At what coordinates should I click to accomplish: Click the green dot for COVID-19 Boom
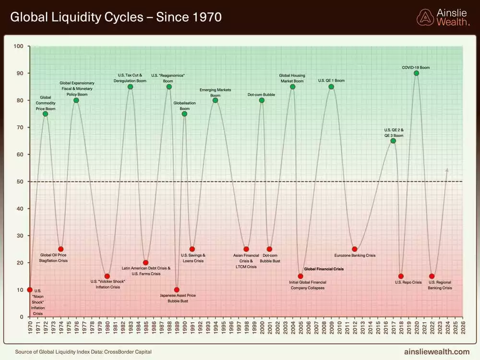click(416, 73)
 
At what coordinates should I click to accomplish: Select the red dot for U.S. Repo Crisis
click(401, 276)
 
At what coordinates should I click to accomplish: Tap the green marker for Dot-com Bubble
click(262, 100)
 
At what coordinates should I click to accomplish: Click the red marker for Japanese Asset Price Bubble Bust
click(177, 290)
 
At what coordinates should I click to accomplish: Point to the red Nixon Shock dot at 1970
click(30, 290)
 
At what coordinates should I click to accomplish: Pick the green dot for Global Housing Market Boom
click(292, 86)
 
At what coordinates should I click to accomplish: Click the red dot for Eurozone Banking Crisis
click(354, 249)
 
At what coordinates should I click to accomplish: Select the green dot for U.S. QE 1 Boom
click(331, 86)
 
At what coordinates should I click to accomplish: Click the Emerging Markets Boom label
click(215, 93)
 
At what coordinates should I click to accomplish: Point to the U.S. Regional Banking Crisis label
click(440, 285)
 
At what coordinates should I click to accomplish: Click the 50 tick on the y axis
click(19, 181)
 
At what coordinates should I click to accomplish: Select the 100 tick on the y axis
click(19, 46)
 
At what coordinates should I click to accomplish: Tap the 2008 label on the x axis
click(324, 328)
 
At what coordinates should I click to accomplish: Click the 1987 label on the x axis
click(161, 328)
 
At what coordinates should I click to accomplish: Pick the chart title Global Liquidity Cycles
click(116, 17)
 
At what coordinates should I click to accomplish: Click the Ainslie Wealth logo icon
click(425, 17)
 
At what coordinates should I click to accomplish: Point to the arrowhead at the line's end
click(447, 169)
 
